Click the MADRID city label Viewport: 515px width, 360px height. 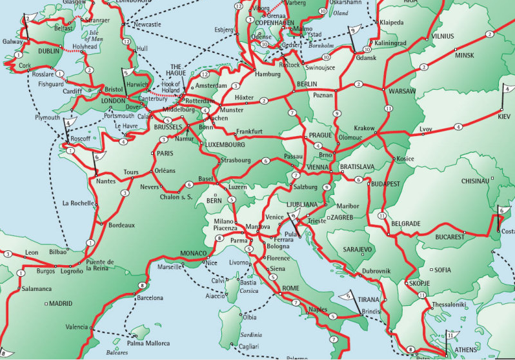click(61, 303)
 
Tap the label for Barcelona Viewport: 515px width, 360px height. click(154, 298)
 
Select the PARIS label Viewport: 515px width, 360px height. click(166, 154)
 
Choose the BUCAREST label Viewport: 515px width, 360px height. click(450, 237)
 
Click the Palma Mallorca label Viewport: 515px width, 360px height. click(149, 343)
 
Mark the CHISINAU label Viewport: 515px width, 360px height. click(476, 181)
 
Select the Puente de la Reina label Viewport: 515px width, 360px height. click(101, 265)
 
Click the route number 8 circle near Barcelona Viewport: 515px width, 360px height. click(141, 285)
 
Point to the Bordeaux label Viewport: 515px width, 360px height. click(121, 225)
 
